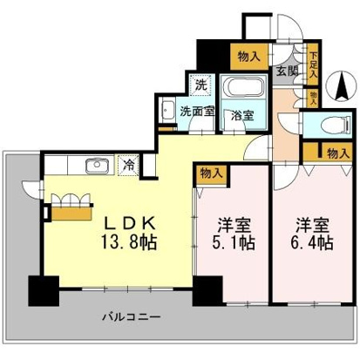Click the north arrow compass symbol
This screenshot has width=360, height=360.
click(342, 86)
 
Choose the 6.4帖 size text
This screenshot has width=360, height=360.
click(312, 241)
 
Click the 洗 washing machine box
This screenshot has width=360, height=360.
click(201, 85)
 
